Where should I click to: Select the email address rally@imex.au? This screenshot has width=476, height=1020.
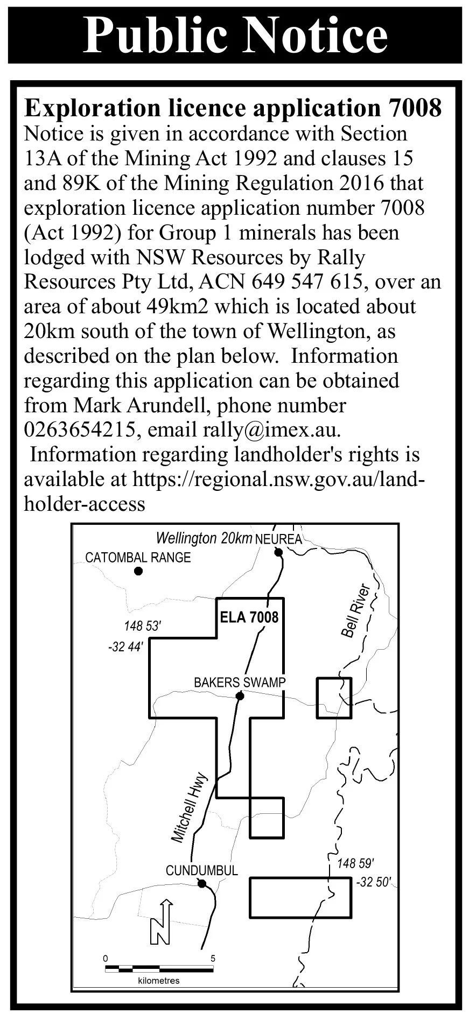[x=271, y=430]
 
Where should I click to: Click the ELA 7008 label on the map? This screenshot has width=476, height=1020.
[x=249, y=617]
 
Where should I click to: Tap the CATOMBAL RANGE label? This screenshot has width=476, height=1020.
[x=138, y=557]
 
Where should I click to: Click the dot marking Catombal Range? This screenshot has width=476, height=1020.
[x=138, y=571]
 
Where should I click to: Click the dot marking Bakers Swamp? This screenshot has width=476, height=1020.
[x=240, y=696]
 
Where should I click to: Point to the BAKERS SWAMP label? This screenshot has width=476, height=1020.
[x=240, y=683]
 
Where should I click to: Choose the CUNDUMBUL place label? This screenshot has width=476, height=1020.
[x=201, y=870]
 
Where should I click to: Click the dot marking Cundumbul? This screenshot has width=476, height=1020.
[x=201, y=883]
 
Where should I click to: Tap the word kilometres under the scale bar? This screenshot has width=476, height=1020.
[x=159, y=980]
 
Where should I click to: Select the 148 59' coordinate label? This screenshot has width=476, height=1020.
[x=355, y=864]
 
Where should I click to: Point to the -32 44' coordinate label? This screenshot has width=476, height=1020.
[x=125, y=646]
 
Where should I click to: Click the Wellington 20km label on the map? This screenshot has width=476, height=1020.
[x=204, y=538]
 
